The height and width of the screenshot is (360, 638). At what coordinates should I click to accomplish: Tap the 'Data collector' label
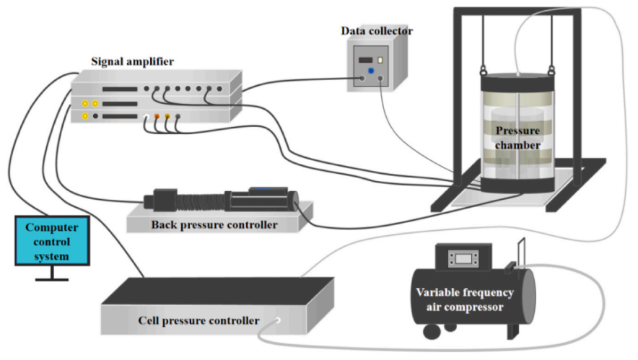[x=377, y=30]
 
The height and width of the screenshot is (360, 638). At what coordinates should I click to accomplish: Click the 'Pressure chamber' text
[x=518, y=138]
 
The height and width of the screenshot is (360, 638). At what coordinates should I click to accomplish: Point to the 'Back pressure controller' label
[x=214, y=225]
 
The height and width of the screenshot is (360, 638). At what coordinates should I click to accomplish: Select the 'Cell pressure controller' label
[x=198, y=320]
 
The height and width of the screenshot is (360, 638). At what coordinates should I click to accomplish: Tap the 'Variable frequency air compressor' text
[x=464, y=299]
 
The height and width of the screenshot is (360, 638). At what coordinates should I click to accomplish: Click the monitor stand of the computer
[x=52, y=273]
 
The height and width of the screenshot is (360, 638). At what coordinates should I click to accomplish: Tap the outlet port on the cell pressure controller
[x=278, y=318]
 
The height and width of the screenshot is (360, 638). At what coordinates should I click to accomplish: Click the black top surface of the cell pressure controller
[x=217, y=290]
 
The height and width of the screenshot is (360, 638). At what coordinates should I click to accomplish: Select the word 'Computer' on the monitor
[x=52, y=227]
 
